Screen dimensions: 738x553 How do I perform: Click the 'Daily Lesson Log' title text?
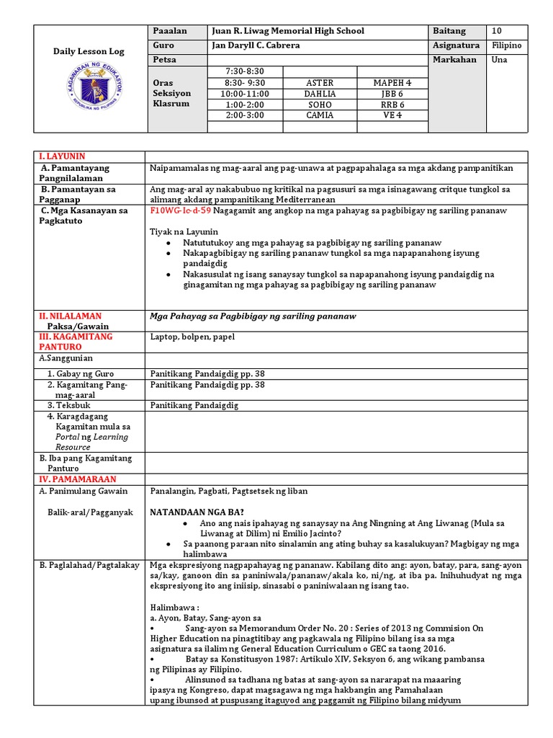pos(91,52)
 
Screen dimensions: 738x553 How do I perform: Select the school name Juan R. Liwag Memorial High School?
pos(287,31)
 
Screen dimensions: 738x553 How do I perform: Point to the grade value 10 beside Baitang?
pos(497,31)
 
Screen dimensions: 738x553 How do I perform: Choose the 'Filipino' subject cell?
pos(507,45)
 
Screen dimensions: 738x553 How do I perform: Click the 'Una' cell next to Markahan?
pos(499,60)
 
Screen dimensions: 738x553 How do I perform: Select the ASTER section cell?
pos(320,83)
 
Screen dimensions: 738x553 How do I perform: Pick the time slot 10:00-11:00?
pos(244,94)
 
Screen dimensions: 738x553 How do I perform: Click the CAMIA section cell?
pos(320,115)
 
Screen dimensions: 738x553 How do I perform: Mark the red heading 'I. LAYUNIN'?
pos(63,156)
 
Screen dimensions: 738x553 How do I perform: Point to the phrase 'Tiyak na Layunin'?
pos(184,231)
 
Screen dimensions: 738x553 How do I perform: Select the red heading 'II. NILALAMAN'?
pos(70,316)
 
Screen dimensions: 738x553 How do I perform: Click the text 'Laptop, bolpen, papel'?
pos(192,337)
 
